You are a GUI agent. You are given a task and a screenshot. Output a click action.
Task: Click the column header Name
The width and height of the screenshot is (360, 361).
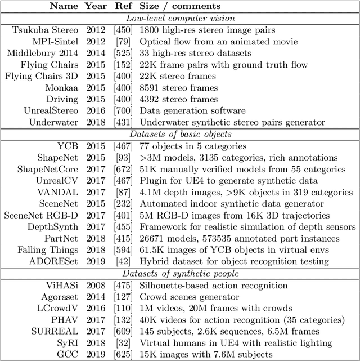tap(64, 7)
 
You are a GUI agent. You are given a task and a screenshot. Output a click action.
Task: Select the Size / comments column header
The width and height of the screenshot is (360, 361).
tap(180, 7)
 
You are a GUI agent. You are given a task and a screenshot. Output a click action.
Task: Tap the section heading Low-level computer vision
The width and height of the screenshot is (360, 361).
tap(180, 18)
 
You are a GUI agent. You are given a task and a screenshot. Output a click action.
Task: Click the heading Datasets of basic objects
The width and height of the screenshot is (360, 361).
tap(180, 133)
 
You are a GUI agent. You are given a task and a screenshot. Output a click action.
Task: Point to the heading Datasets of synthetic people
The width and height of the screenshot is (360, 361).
tap(180, 273)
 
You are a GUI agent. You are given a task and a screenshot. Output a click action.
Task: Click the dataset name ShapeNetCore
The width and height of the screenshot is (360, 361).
tap(48, 168)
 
